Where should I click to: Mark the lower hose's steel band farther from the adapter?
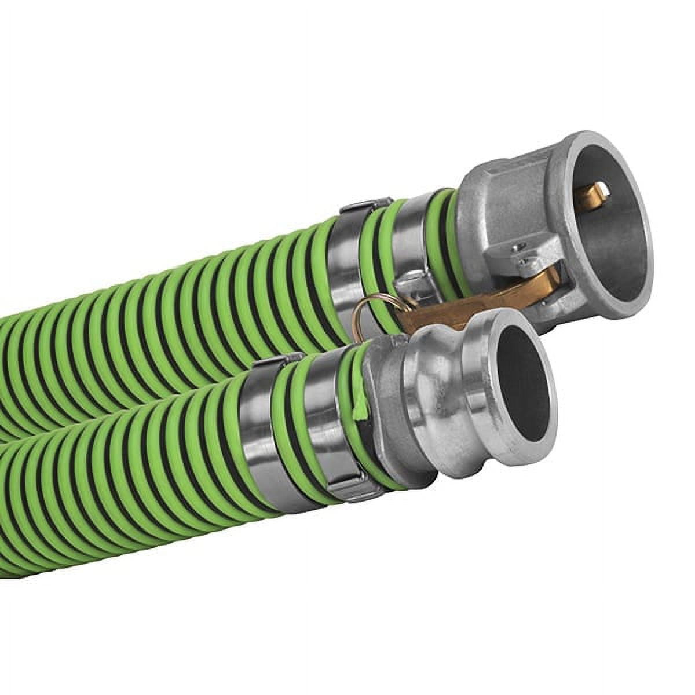(255, 434)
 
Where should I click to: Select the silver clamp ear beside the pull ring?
(411, 290)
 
